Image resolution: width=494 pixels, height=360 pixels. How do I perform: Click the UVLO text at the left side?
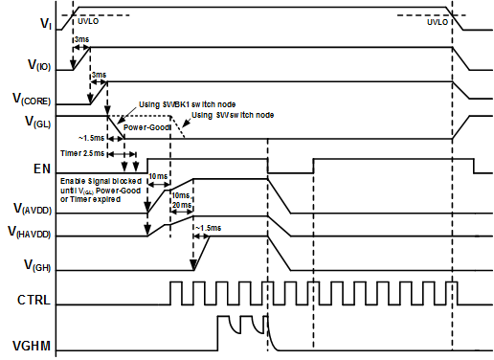86,19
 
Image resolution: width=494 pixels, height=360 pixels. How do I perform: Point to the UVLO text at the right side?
436,19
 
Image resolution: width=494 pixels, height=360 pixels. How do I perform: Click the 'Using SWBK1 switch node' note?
187,103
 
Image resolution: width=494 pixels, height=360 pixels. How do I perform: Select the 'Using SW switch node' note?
232,116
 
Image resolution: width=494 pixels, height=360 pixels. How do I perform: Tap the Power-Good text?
146,126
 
